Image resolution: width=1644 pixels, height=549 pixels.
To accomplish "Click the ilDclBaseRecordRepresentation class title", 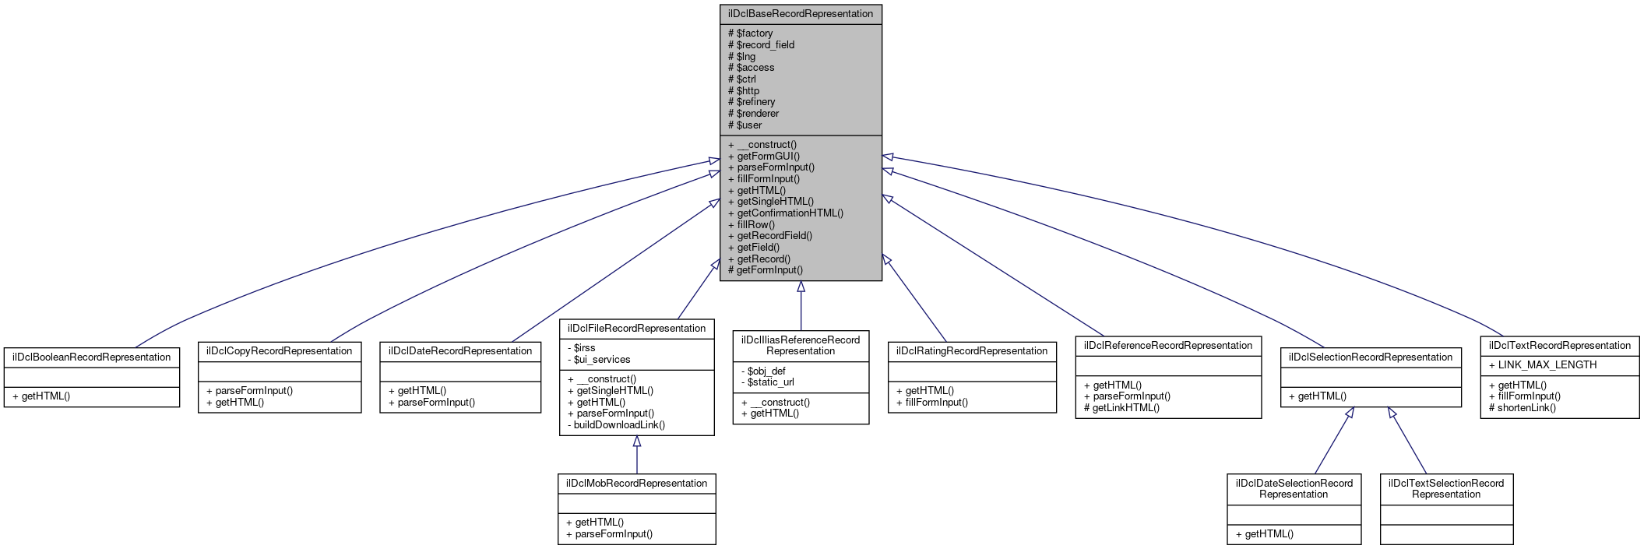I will point(800,14).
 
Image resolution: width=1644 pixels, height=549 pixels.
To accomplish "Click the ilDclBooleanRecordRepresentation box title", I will point(91,357).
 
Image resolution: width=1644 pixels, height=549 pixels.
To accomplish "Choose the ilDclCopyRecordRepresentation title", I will point(279,351).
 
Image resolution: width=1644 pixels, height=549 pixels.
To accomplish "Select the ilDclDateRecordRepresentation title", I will point(459,351).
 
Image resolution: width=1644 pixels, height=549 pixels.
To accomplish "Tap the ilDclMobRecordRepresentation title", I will point(636,484).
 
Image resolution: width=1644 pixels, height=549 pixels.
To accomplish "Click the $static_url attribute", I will point(770,382).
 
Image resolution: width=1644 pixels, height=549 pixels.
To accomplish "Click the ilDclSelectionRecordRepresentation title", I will point(1370,357).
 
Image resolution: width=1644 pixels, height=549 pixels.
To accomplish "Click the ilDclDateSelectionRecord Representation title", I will point(1294,488).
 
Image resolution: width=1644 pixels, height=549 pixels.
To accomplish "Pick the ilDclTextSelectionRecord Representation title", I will point(1445,488).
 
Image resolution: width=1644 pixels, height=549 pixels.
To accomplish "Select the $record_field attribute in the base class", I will point(765,45).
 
